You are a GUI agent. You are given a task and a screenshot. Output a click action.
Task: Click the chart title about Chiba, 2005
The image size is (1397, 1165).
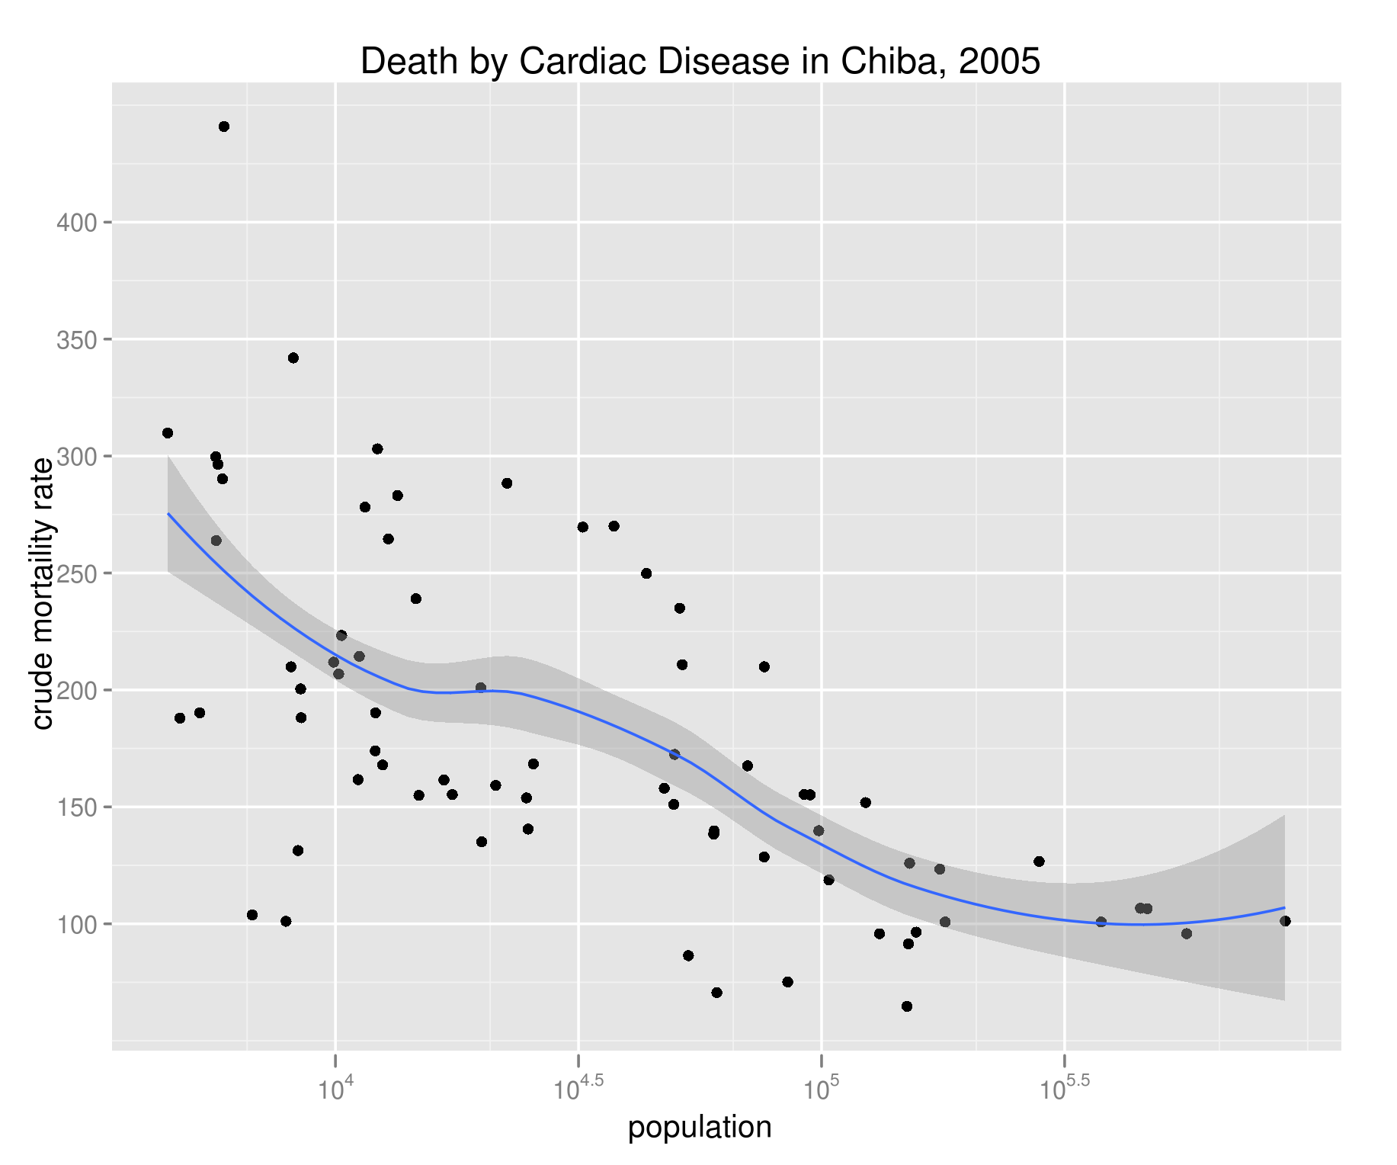tap(700, 62)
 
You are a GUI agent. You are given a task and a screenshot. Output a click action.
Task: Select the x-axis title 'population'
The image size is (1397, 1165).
tap(699, 1127)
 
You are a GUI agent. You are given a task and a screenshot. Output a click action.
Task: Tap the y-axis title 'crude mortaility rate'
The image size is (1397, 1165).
tap(43, 593)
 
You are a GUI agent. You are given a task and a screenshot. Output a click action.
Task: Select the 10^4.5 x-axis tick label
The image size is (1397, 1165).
tap(578, 1089)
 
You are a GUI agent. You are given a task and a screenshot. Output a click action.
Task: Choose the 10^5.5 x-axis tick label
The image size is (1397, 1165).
tap(1065, 1089)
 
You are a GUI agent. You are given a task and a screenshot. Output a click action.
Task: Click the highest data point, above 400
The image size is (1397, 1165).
tap(224, 127)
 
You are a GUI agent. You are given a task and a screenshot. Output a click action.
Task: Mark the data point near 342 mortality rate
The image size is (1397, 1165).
tap(293, 358)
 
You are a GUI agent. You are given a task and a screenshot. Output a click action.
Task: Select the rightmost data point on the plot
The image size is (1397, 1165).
tap(1285, 921)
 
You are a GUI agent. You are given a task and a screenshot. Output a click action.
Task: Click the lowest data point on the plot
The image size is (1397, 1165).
tap(907, 1006)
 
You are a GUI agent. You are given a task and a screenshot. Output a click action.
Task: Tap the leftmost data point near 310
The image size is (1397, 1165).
tap(168, 433)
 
